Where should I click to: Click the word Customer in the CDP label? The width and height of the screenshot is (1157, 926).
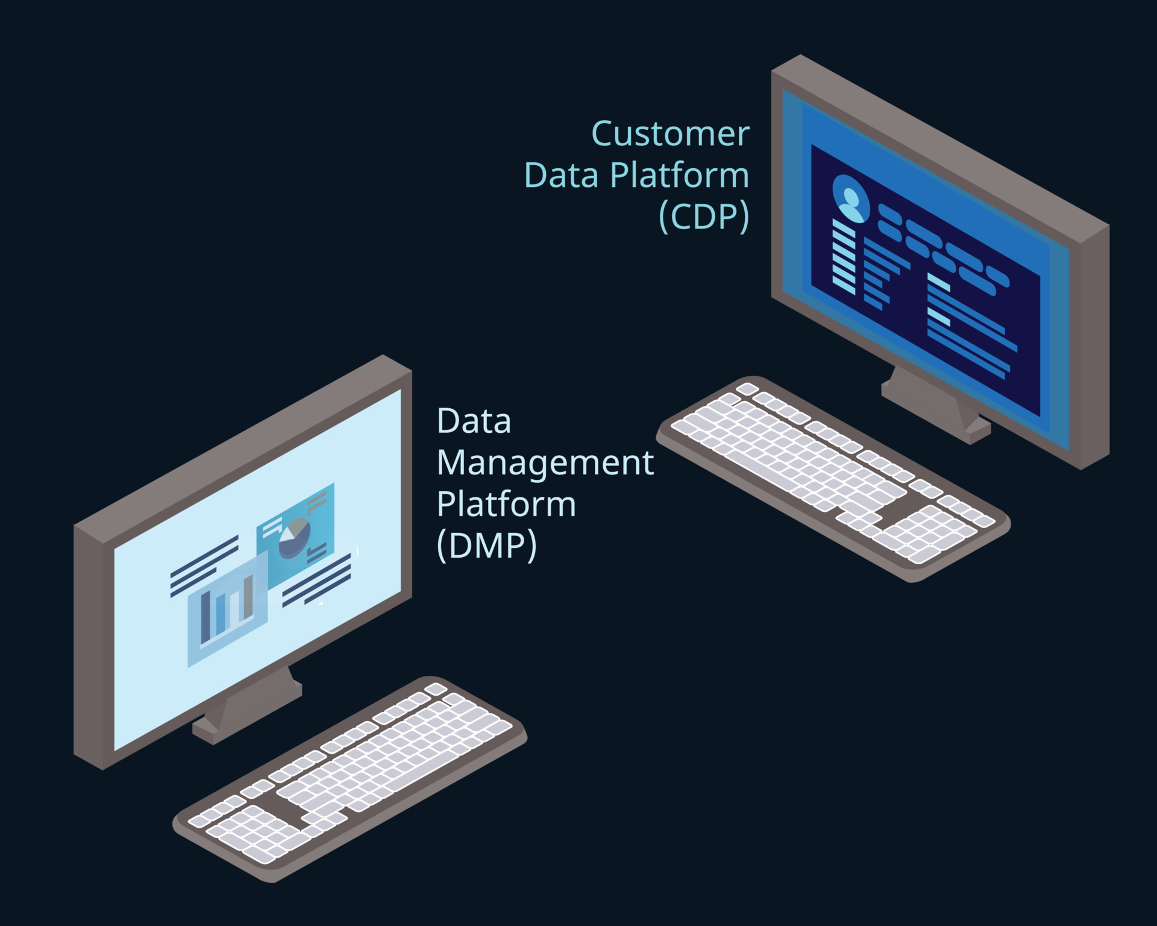(670, 134)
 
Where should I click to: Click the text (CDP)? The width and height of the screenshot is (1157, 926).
(704, 216)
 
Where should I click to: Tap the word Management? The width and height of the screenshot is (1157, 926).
(545, 463)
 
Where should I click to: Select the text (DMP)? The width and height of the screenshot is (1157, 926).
(486, 546)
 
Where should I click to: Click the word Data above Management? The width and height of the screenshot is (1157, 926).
(474, 421)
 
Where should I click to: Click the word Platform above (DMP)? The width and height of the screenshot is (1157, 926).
(506, 504)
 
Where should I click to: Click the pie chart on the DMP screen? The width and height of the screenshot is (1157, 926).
(295, 537)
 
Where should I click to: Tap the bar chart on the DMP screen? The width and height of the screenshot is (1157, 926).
(227, 609)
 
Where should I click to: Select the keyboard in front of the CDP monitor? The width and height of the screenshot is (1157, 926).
(832, 476)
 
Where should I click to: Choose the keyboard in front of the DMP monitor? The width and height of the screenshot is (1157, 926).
(350, 778)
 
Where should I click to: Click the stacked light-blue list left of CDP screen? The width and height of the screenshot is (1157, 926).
(843, 257)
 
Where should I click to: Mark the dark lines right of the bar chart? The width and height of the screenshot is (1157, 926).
(317, 580)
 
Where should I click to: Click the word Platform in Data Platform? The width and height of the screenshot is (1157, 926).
(679, 175)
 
